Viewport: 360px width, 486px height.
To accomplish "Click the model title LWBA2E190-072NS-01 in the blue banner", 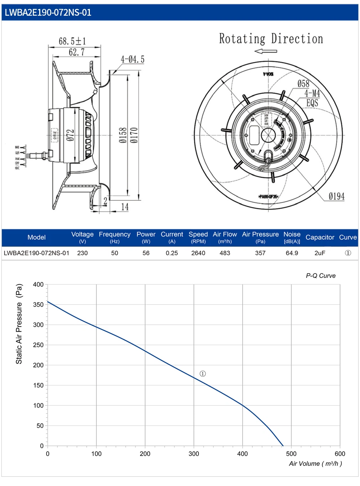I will click(48, 12).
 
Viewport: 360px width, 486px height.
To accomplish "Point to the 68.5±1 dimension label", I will click(72, 41).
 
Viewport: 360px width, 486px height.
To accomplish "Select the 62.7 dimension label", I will click(77, 52).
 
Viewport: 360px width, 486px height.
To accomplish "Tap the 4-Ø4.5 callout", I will click(133, 60).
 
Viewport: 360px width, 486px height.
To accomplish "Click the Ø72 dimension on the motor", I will click(70, 135).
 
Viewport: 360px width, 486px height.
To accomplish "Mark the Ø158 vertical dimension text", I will click(123, 135).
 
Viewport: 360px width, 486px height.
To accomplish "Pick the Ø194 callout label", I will click(336, 196).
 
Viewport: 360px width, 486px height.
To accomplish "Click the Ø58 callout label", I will click(303, 84).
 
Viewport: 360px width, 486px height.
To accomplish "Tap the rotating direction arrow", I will click(266, 51).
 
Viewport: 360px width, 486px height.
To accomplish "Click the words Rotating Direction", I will click(271, 39).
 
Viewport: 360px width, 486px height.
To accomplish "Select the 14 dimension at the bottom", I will click(125, 207).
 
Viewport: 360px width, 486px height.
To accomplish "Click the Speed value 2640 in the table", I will click(198, 253).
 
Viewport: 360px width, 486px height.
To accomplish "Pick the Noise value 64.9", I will click(292, 253).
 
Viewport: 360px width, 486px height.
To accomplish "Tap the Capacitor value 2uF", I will click(320, 253).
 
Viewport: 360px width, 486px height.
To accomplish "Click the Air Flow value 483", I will click(225, 253).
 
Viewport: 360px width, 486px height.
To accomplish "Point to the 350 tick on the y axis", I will click(38, 305).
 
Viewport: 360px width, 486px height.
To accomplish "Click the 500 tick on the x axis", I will click(291, 454).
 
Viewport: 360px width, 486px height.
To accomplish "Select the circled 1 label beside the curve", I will click(203, 374).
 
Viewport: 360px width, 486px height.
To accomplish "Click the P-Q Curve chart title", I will click(320, 276).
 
